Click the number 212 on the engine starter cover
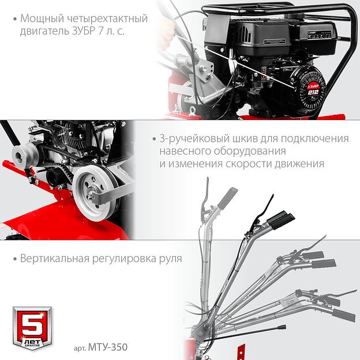[313, 92]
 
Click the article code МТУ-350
[108, 347]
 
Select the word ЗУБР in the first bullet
[84, 31]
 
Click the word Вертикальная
[55, 258]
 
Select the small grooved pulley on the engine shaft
[24, 155]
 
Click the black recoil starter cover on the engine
[309, 87]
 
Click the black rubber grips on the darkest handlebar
[280, 219]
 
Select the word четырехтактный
[108, 19]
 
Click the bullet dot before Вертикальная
[16, 259]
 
